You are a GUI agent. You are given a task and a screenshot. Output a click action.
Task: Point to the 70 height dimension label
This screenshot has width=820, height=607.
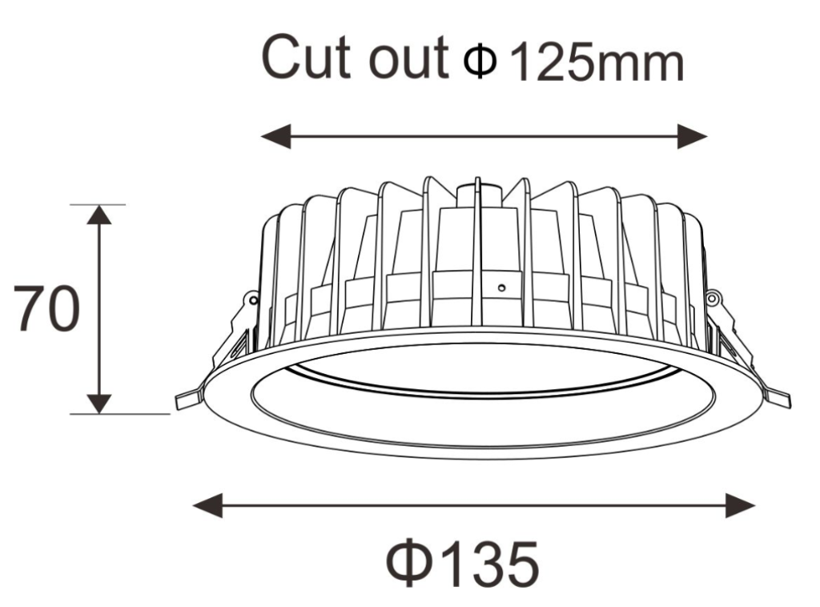[46, 309]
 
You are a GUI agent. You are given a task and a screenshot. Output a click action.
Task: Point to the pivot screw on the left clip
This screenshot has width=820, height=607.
[254, 300]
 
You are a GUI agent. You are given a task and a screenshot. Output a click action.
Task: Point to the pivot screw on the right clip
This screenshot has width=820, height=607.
[712, 299]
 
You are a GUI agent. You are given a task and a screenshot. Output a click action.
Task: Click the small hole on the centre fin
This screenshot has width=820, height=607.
[500, 286]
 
